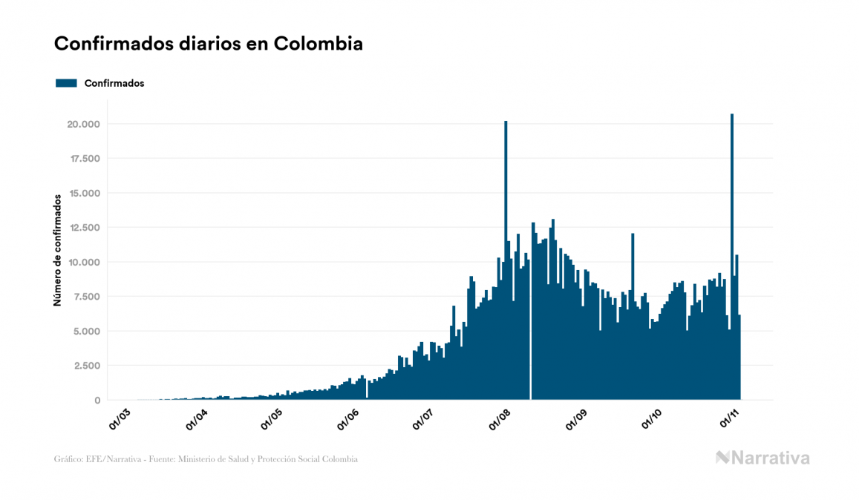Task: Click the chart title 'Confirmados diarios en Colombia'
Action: (209, 44)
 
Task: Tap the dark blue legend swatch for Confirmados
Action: (66, 83)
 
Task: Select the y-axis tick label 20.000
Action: (83, 124)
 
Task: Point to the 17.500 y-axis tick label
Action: (83, 159)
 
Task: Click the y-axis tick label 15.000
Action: (83, 193)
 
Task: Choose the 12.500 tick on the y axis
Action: (83, 228)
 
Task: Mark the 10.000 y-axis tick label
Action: (83, 262)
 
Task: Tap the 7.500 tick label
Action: (85, 297)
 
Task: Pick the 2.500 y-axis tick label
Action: (85, 366)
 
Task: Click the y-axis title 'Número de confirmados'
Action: (56, 250)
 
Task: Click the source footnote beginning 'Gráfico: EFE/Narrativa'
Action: (206, 459)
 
